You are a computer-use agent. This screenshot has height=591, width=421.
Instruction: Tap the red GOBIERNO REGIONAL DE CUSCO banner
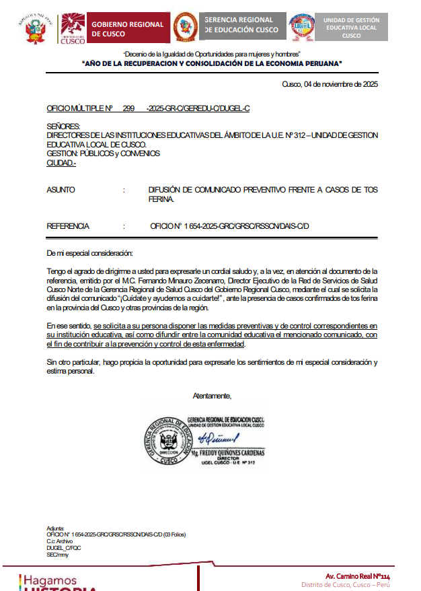(126, 28)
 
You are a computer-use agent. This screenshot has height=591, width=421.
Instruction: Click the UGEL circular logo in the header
(301, 28)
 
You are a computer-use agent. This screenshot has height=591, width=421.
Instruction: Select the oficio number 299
(128, 108)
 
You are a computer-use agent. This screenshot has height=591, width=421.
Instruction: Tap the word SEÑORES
(63, 126)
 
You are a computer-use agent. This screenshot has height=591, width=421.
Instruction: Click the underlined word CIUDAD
(60, 162)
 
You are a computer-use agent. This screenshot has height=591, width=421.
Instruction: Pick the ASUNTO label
(61, 190)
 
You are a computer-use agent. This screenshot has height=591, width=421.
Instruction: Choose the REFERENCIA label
(68, 226)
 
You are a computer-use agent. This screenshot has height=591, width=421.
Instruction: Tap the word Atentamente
(212, 395)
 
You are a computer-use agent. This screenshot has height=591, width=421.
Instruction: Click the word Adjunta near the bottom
(55, 528)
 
